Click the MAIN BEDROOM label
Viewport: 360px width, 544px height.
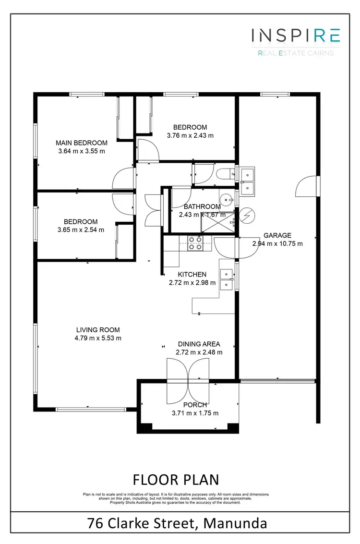[82, 143]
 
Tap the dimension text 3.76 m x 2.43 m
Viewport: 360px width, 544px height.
[190, 135]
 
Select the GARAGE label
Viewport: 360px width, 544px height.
[277, 235]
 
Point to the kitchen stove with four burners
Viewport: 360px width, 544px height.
[194, 243]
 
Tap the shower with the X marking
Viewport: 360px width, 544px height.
[224, 225]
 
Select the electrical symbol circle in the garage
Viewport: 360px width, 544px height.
[247, 216]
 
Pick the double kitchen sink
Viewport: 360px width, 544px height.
[226, 279]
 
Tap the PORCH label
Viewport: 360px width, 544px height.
[195, 405]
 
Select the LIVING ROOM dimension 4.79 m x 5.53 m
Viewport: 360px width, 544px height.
[98, 338]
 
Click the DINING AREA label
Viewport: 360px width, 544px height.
[199, 344]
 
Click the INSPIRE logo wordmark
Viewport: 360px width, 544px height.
[296, 36]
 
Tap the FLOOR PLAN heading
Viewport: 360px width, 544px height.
[175, 479]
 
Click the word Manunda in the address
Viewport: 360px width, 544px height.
[235, 522]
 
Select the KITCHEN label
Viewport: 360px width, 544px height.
[192, 275]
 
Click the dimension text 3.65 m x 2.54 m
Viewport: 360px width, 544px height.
[81, 230]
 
